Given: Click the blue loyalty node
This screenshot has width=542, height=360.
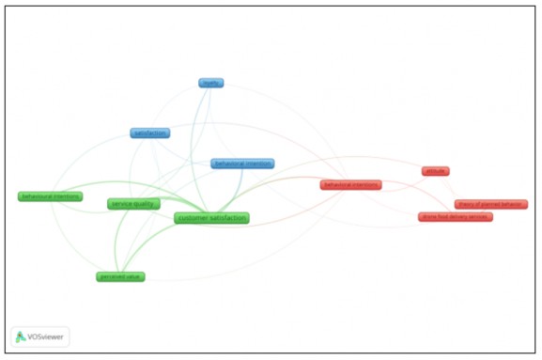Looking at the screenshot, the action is click(210, 83).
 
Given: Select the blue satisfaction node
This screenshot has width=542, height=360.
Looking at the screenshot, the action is click(149, 133).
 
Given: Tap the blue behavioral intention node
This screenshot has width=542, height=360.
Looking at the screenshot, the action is click(242, 164).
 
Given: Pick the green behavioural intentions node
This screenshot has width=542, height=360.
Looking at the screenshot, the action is click(50, 196).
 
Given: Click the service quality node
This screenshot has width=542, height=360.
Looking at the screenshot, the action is click(133, 204).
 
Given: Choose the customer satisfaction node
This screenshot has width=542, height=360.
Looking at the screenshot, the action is click(211, 218).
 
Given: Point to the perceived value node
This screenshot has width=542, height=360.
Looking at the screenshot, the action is click(120, 276).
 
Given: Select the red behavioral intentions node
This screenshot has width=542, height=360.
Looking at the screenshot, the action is click(350, 185).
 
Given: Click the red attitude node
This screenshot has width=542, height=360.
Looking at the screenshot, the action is click(435, 171).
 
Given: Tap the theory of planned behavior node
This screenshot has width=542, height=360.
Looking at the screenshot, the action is click(490, 204).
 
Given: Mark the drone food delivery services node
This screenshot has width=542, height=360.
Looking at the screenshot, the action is click(455, 217).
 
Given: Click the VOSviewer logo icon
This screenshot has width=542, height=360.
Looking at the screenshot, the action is click(21, 337).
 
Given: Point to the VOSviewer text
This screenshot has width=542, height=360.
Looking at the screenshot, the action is click(47, 337).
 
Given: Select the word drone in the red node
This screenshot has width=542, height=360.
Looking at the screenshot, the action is click(429, 217).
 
